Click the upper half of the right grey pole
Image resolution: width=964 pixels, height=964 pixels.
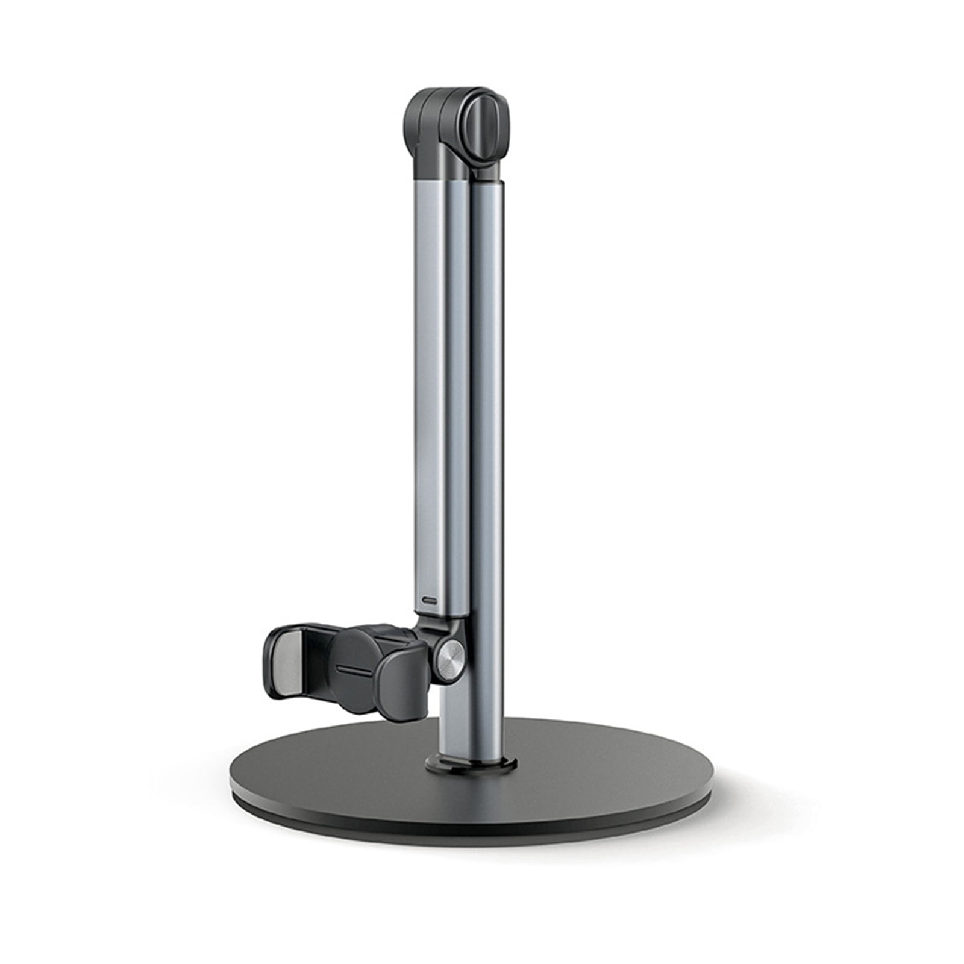487,301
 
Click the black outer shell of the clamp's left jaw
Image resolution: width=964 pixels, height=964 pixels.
274,663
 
